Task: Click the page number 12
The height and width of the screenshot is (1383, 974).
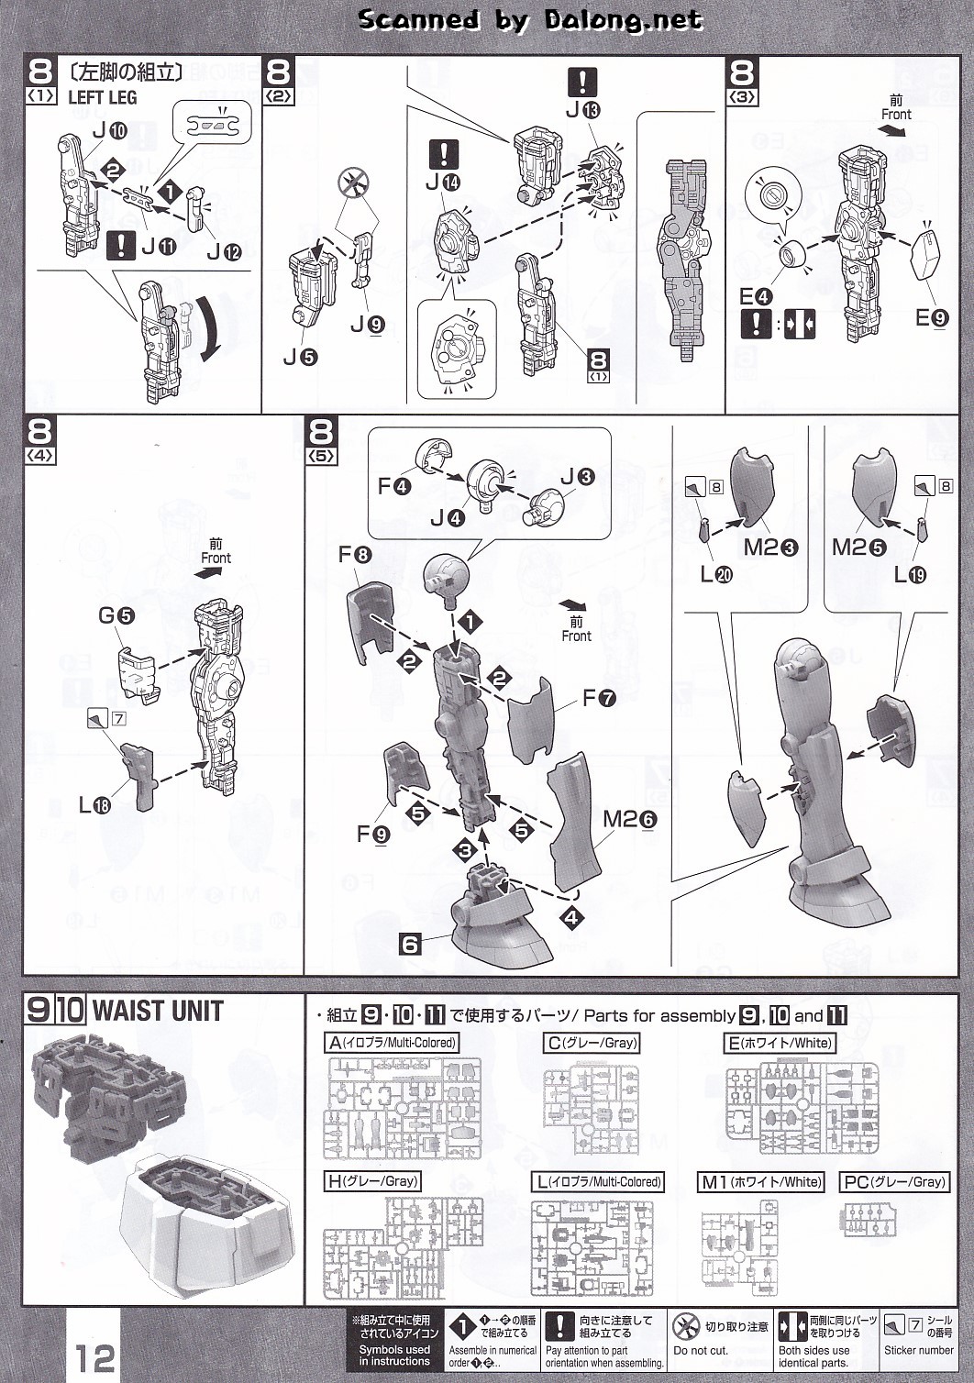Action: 95,1356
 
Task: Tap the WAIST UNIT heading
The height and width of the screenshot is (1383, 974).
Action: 158,1011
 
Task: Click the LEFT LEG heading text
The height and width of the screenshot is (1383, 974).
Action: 102,97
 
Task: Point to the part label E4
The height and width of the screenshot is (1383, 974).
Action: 756,296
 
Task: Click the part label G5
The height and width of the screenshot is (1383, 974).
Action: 116,615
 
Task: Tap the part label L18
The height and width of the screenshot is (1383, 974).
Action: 94,806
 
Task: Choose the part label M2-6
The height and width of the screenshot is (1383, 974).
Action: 629,819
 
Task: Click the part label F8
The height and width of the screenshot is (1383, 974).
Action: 355,555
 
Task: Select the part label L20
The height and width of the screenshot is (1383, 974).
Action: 716,575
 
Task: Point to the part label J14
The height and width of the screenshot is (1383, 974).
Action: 442,183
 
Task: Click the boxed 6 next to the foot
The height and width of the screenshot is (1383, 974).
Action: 410,944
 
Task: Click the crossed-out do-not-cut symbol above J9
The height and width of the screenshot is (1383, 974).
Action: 352,183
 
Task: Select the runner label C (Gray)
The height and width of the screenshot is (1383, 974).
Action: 592,1043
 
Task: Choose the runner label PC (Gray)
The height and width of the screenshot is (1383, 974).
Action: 893,1182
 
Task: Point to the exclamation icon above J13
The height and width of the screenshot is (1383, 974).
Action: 582,82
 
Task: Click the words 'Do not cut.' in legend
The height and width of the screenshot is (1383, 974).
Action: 701,1351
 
